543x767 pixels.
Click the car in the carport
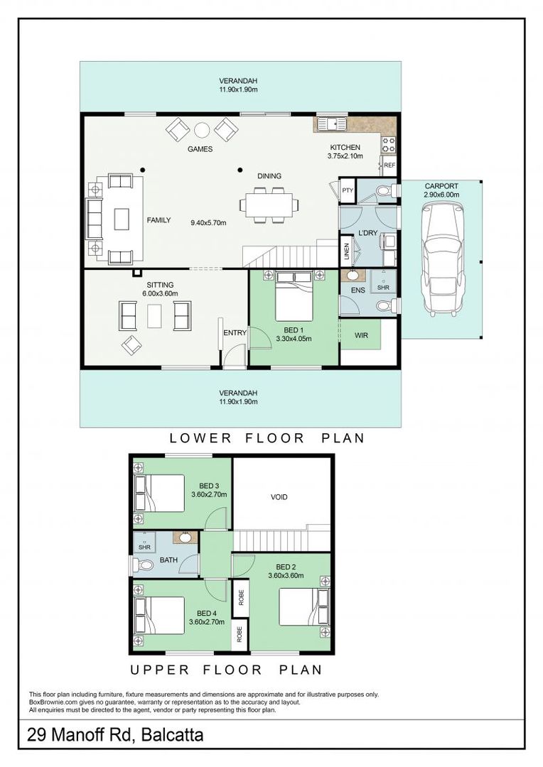coord(441,259)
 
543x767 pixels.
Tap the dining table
coord(269,205)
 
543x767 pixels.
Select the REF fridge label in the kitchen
coord(389,165)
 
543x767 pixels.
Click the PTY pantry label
coord(347,190)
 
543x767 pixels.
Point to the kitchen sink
coord(331,124)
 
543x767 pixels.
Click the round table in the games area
coord(202,130)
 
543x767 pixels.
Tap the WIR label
coord(361,335)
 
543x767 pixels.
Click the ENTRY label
coord(235,332)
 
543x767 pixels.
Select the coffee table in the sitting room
coord(154,315)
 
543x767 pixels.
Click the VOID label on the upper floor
coord(279,497)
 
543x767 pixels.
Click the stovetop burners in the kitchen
coord(389,145)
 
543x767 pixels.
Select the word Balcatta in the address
coord(172,735)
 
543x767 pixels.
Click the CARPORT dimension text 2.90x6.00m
coord(441,195)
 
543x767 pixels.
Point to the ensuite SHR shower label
coord(383,288)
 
